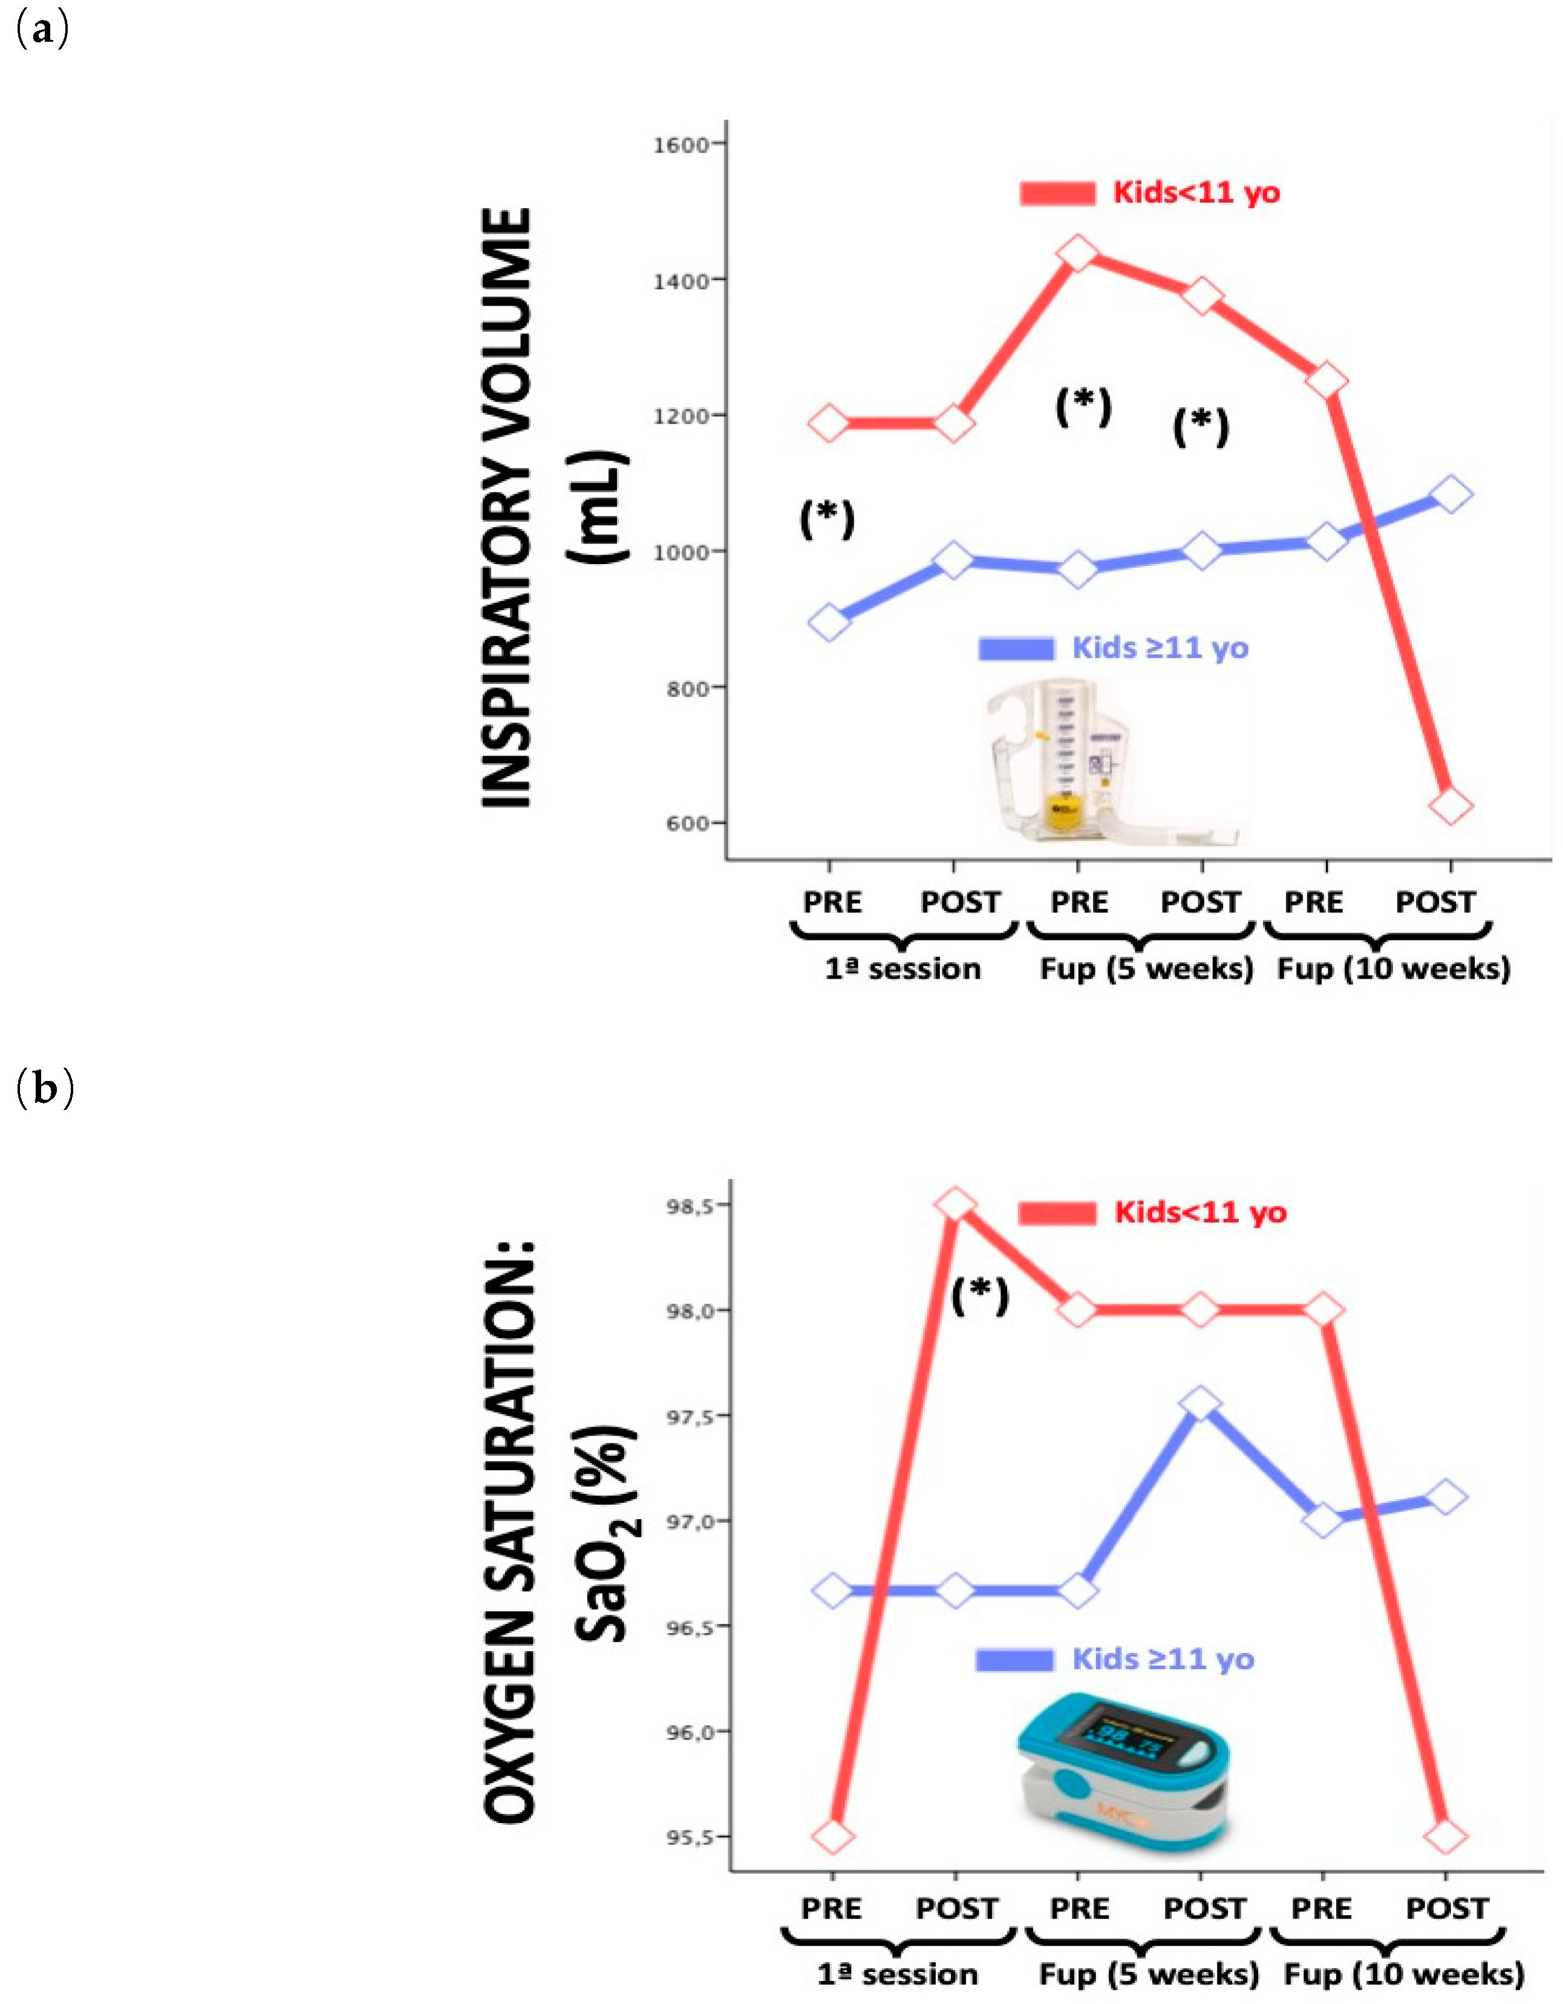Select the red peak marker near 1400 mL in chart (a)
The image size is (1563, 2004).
[1078, 252]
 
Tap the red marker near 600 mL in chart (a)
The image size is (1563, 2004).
[1450, 806]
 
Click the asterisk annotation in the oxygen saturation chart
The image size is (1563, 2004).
[980, 1296]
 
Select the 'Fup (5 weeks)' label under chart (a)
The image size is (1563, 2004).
[1147, 969]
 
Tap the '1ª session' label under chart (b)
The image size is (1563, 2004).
[898, 1974]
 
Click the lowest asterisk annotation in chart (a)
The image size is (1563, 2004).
[827, 519]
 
